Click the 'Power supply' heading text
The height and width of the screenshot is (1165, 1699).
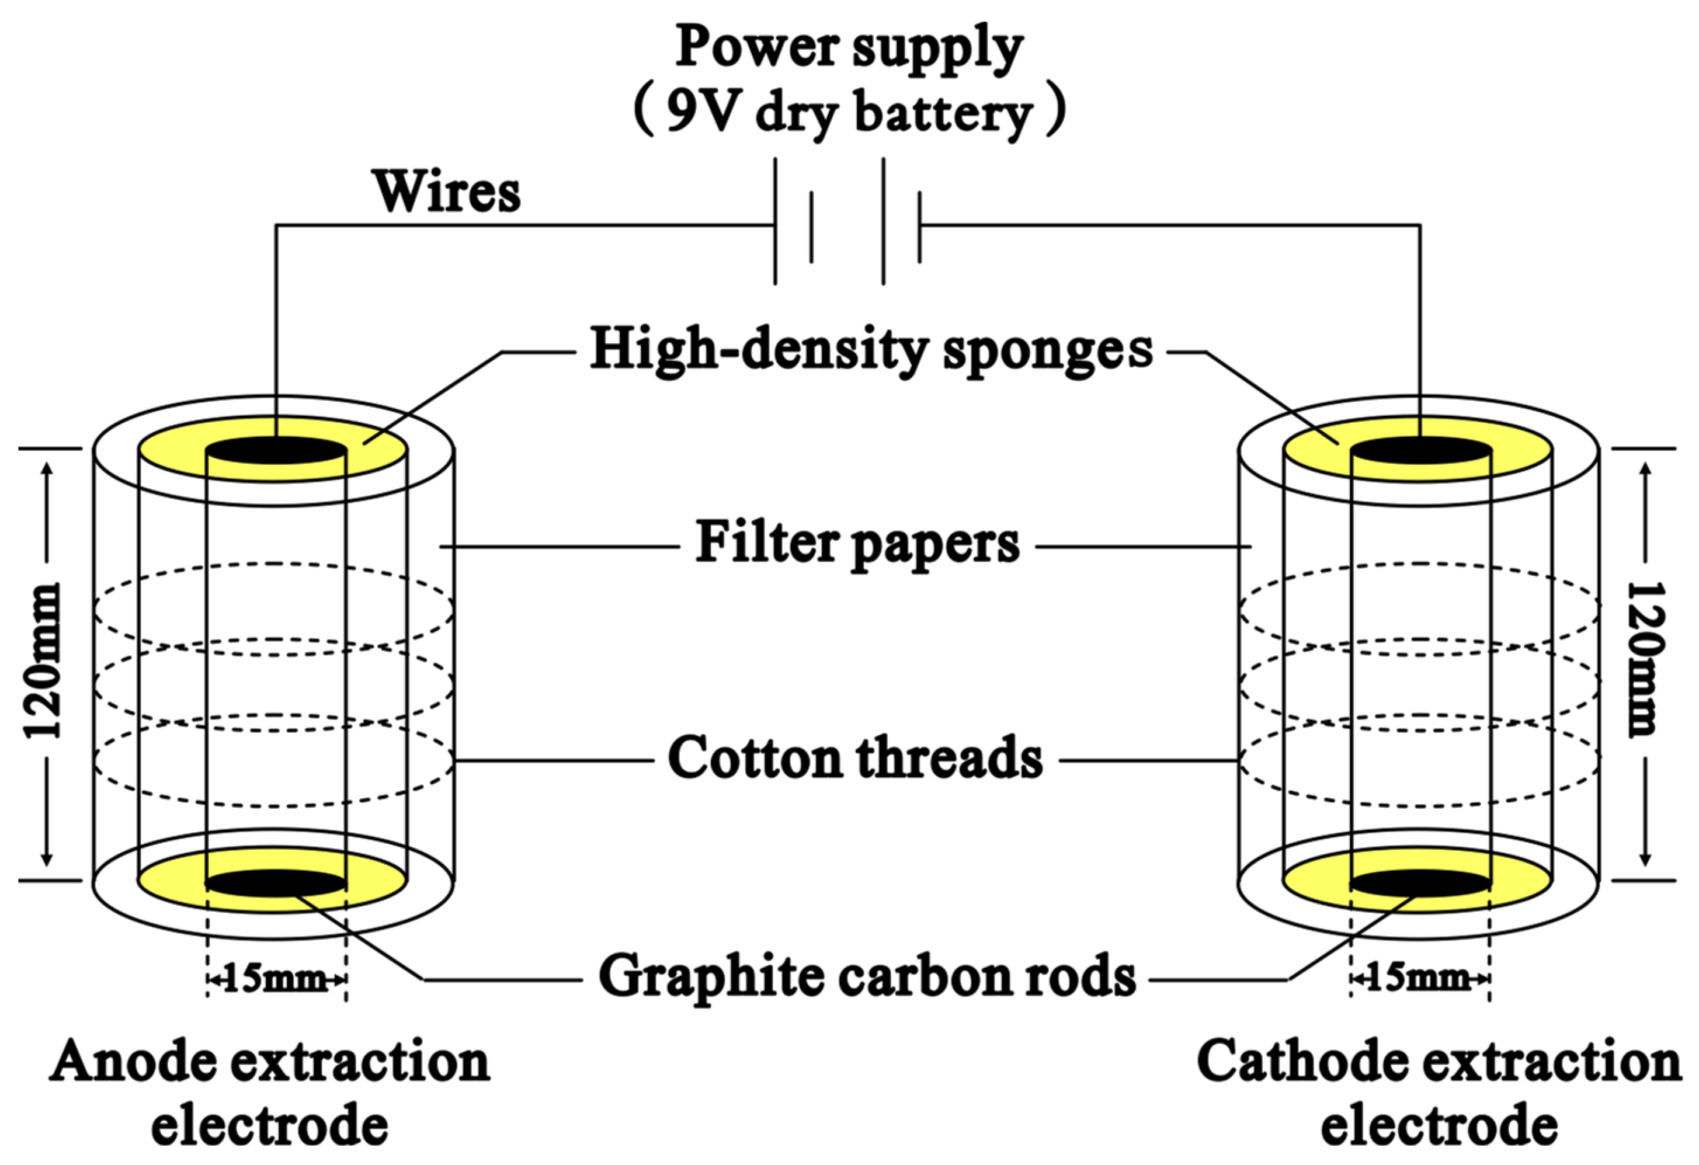(848, 47)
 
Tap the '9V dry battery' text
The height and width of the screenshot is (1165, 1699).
(848, 113)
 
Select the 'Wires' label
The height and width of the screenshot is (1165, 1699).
(447, 192)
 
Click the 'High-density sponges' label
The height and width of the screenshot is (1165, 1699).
(871, 349)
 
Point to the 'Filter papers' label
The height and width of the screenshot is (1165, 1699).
(857, 543)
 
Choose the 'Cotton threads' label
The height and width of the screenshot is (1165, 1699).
(856, 758)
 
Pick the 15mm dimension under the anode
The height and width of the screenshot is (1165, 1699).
(275, 979)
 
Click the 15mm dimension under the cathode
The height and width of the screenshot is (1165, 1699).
(1418, 979)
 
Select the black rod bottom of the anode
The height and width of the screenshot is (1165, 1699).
(275, 883)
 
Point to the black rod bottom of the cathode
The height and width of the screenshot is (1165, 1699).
(1420, 883)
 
